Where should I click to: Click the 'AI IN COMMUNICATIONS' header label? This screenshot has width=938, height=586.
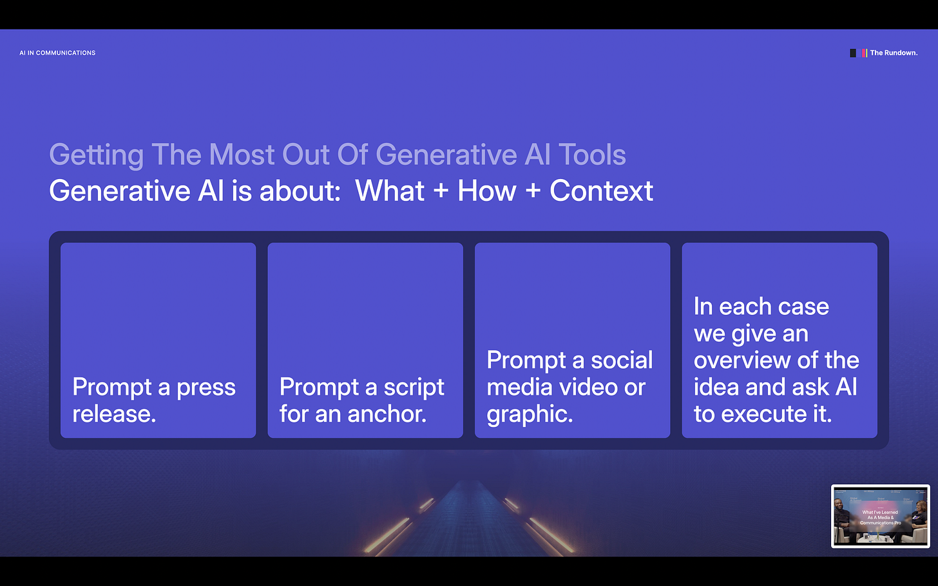[57, 53]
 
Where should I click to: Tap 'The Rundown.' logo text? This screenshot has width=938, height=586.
[894, 53]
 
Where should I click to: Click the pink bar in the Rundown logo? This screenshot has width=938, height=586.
[864, 53]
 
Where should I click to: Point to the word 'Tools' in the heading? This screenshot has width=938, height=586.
[592, 155]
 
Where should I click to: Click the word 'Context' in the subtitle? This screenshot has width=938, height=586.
[601, 191]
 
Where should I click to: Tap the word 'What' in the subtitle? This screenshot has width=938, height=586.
[390, 191]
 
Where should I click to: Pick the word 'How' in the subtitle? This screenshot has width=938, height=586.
[487, 191]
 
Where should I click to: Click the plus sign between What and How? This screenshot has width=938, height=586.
[441, 192]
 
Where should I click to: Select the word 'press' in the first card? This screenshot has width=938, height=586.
[206, 388]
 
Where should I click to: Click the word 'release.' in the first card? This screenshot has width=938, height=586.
[114, 414]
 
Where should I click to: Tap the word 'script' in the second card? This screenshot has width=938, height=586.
[414, 388]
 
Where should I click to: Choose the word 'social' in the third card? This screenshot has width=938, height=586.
[622, 361]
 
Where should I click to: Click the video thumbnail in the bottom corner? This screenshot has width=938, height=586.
[880, 516]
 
